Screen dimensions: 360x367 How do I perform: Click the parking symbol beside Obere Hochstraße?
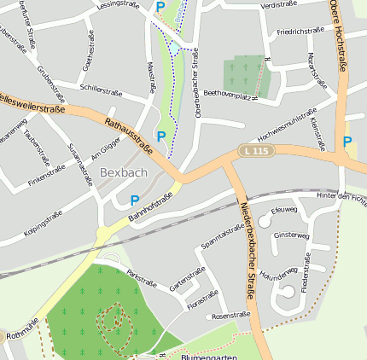[x=347, y=142]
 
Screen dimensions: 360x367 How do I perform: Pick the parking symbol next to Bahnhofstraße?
[x=134, y=200]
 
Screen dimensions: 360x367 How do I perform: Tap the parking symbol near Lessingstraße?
[x=160, y=7]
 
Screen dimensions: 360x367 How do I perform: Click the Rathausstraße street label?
[x=128, y=136]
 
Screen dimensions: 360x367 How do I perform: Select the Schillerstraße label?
[x=102, y=88]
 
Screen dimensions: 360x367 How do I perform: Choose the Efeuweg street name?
[x=283, y=210]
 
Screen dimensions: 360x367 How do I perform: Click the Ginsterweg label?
[x=291, y=235]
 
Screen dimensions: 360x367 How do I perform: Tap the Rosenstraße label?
[x=230, y=316]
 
